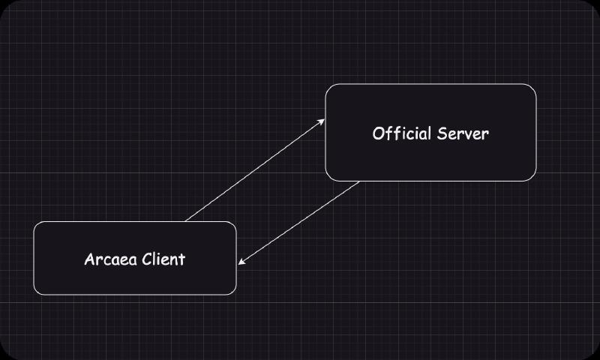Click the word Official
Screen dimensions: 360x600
point(402,134)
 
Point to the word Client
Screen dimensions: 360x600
point(163,260)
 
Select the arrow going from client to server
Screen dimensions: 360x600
point(255,170)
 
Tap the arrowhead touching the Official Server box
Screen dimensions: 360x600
point(322,121)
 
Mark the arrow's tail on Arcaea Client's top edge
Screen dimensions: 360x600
point(185,221)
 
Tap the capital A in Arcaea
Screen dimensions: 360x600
point(89,260)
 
